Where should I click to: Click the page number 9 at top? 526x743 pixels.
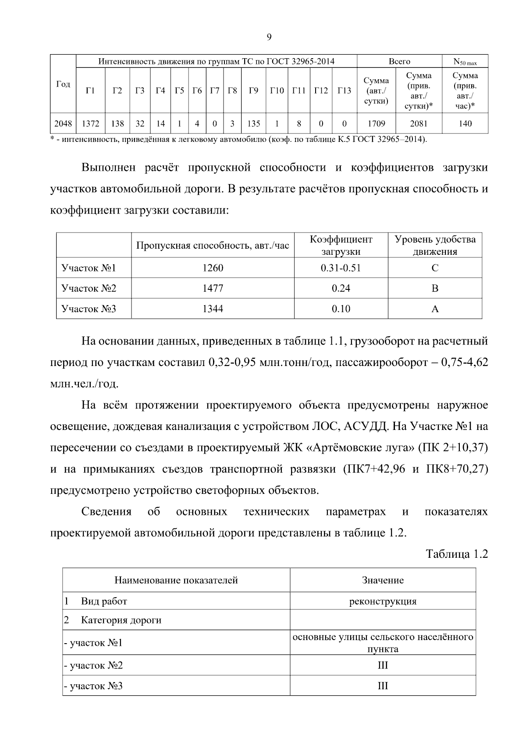(269, 37)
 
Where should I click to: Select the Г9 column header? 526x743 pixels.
(253, 91)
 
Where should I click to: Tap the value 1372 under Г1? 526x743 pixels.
(90, 124)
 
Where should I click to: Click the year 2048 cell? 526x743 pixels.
(63, 124)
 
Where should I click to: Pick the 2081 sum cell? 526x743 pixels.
(419, 124)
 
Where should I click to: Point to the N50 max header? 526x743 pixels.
(465, 62)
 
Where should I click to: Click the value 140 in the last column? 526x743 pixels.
(465, 124)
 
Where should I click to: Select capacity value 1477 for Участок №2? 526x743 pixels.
(213, 289)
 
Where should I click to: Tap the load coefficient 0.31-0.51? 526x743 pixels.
(341, 268)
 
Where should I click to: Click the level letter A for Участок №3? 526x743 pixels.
(435, 309)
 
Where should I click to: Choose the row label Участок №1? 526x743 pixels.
(89, 268)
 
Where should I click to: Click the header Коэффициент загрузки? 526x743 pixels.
(341, 245)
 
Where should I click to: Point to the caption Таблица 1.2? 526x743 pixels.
(457, 554)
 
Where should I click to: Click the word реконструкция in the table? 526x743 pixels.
(383, 601)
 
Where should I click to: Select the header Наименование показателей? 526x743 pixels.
(176, 580)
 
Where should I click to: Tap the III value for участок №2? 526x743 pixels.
(383, 666)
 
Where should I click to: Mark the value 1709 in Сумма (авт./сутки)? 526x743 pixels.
(376, 124)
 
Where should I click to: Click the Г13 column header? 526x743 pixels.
(344, 91)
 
